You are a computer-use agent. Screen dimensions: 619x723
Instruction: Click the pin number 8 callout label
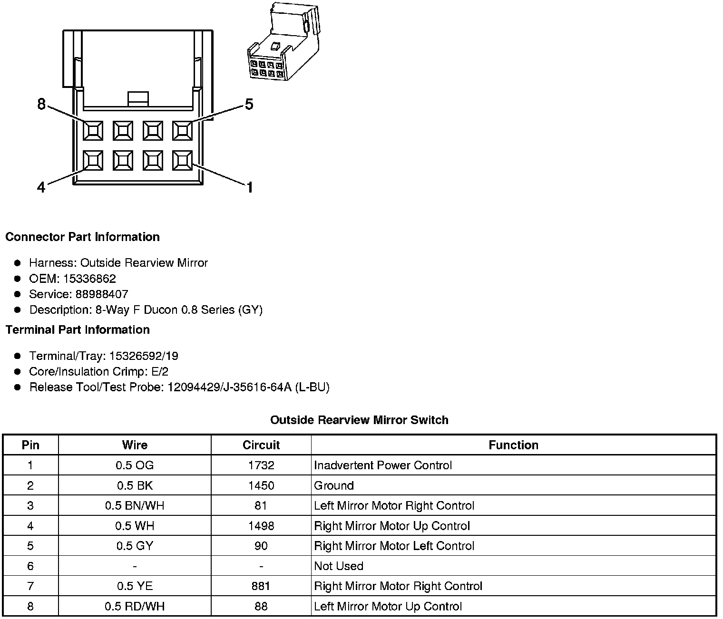[41, 104]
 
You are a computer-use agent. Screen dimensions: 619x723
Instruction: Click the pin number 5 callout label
[249, 104]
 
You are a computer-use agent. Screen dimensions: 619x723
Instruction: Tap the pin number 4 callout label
[41, 188]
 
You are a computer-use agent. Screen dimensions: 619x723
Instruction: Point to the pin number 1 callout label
[249, 188]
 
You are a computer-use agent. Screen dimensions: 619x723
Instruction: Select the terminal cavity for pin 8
[93, 130]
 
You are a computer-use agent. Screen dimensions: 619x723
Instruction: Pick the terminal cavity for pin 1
[182, 160]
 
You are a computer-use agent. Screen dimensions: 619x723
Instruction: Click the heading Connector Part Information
[82, 237]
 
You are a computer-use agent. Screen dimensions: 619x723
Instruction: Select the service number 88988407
[102, 294]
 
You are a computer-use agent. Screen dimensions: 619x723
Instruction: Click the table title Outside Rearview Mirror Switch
[359, 420]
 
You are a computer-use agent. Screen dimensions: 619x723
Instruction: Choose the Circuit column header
[261, 445]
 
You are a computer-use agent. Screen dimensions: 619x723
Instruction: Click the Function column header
[513, 445]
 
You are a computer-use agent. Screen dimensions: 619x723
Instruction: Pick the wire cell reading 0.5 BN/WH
[135, 505]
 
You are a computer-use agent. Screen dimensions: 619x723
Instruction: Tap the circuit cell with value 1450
[261, 485]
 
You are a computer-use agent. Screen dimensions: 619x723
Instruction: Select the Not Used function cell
[339, 566]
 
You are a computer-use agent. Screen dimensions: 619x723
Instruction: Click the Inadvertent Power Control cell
[383, 465]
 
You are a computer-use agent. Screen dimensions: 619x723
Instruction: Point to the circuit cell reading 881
[261, 586]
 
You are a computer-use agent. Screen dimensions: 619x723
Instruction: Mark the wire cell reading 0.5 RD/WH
[135, 606]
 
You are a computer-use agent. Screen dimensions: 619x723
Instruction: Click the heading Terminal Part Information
[78, 329]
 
